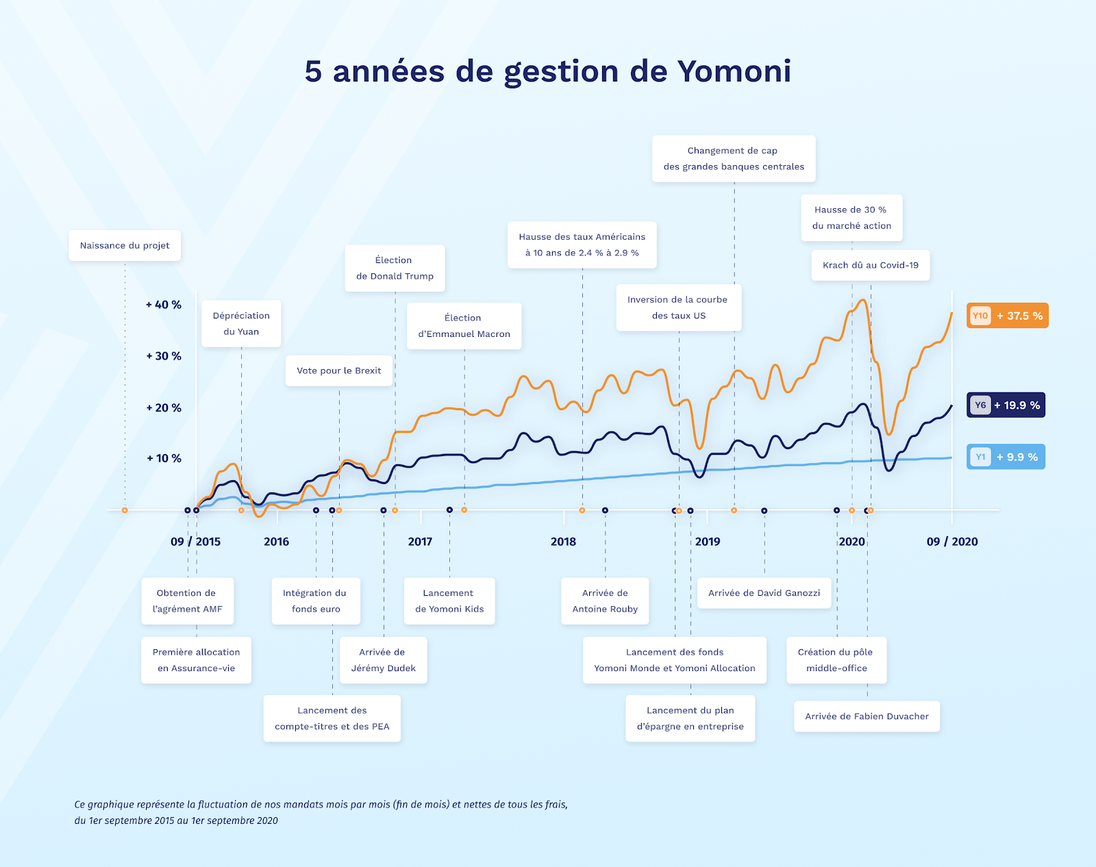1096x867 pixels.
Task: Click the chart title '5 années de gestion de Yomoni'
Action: click(x=548, y=71)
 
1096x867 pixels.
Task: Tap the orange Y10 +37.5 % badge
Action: click(x=1007, y=316)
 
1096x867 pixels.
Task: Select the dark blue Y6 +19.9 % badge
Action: click(x=1006, y=405)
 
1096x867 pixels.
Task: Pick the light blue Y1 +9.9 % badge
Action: click(x=1006, y=457)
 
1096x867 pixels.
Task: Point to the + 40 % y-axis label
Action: click(x=164, y=305)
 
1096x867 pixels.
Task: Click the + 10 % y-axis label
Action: click(x=164, y=458)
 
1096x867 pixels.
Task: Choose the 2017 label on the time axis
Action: click(x=420, y=542)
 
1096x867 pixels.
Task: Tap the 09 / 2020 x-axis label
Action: click(x=952, y=542)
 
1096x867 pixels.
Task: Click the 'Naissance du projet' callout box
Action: click(x=125, y=245)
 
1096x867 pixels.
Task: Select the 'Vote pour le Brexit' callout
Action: click(x=339, y=370)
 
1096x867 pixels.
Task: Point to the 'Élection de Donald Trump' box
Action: click(x=395, y=268)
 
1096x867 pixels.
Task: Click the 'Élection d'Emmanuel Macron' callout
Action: click(x=464, y=326)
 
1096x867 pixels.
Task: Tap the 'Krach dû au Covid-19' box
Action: click(x=871, y=265)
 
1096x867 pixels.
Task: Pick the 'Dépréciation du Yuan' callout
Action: click(x=241, y=323)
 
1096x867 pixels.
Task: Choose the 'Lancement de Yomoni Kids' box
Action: click(x=449, y=601)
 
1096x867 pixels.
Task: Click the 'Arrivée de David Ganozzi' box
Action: click(x=764, y=593)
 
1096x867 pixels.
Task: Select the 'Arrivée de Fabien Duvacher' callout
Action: click(x=867, y=716)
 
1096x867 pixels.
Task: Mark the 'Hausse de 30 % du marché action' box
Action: click(x=851, y=218)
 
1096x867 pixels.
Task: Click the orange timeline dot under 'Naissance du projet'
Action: click(x=125, y=510)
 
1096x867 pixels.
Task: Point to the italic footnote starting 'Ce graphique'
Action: click(x=321, y=812)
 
